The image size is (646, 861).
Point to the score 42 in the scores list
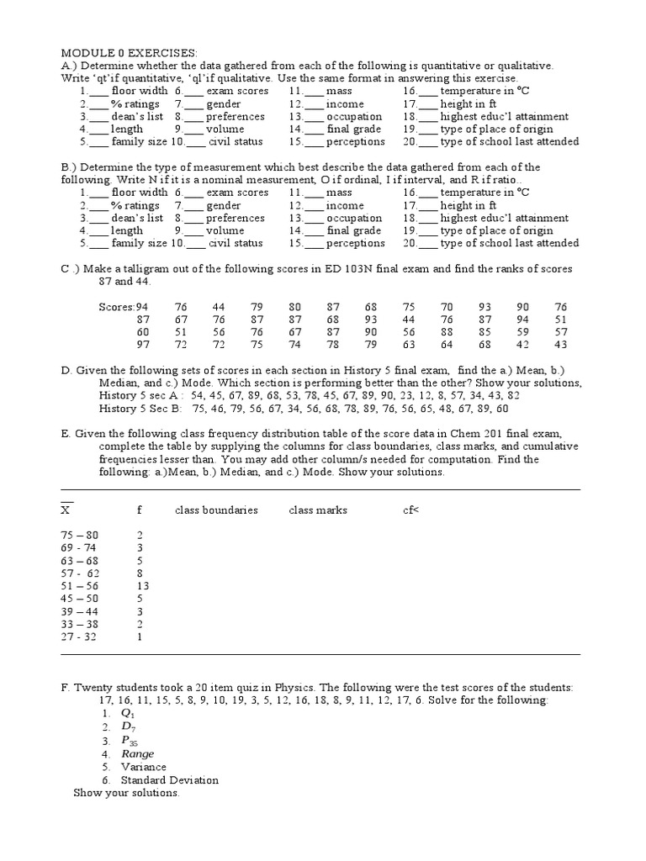(523, 345)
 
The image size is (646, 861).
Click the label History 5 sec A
(138, 395)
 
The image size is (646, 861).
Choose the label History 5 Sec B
(139, 409)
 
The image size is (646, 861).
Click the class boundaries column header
(216, 510)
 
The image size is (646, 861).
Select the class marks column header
(318, 510)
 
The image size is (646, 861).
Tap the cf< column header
(410, 510)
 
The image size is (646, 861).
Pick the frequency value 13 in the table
(142, 585)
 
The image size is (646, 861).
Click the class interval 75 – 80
(80, 535)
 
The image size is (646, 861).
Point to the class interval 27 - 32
(80, 637)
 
